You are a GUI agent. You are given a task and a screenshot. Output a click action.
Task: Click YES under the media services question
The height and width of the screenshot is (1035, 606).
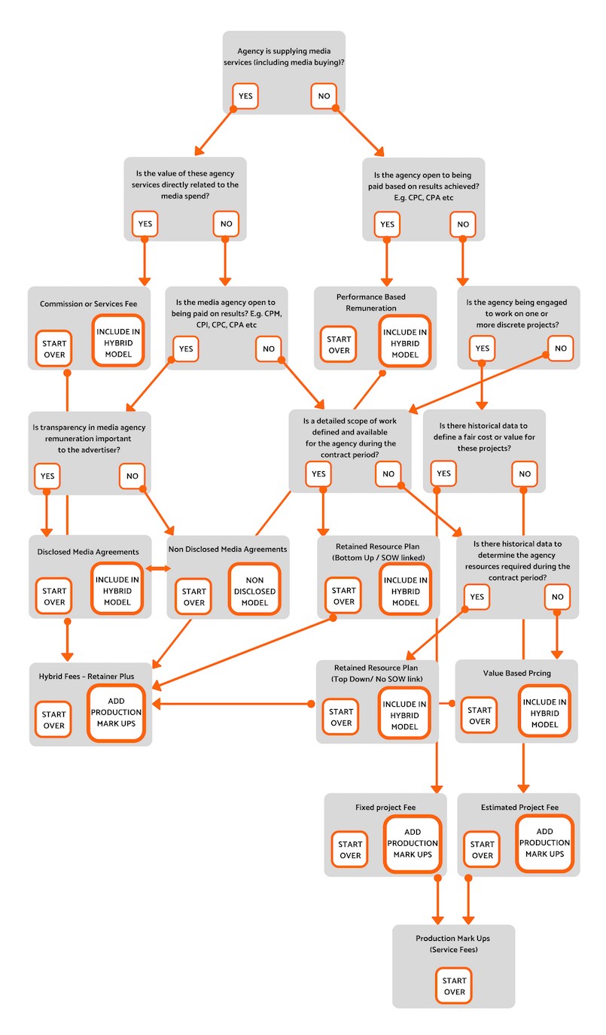pyautogui.click(x=245, y=96)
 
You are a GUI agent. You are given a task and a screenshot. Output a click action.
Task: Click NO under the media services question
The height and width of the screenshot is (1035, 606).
pyautogui.click(x=324, y=96)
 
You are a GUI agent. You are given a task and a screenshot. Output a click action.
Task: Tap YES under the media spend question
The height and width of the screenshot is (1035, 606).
pyautogui.click(x=145, y=224)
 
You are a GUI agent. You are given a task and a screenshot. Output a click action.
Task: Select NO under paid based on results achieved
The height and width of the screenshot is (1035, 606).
pyautogui.click(x=463, y=224)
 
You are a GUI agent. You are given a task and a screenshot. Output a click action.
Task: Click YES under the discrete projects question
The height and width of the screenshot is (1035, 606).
pyautogui.click(x=482, y=348)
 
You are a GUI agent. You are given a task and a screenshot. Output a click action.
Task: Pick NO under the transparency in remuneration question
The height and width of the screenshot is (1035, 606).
pyautogui.click(x=132, y=476)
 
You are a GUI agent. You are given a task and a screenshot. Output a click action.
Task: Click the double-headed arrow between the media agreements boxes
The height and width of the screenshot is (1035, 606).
pyautogui.click(x=158, y=568)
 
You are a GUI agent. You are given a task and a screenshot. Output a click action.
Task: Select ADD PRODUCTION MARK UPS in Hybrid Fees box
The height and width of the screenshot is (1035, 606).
pyautogui.click(x=116, y=713)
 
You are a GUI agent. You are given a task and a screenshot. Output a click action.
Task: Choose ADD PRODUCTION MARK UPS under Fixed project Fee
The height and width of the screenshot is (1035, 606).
pyautogui.click(x=413, y=844)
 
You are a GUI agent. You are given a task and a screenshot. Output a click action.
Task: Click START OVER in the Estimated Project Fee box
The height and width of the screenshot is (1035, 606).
pyautogui.click(x=482, y=849)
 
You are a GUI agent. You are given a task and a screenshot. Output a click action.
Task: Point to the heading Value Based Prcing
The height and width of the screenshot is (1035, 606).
pyautogui.click(x=516, y=673)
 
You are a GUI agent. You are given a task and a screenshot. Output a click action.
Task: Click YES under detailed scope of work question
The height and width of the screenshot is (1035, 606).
pyautogui.click(x=318, y=473)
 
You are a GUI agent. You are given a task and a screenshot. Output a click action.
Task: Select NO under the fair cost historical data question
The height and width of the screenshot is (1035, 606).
pyautogui.click(x=525, y=473)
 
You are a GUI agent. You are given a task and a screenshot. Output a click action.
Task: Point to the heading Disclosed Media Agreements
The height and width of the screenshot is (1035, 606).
pyautogui.click(x=88, y=552)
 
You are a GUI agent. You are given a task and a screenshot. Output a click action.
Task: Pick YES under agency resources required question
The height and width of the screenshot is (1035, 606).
pyautogui.click(x=477, y=596)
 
